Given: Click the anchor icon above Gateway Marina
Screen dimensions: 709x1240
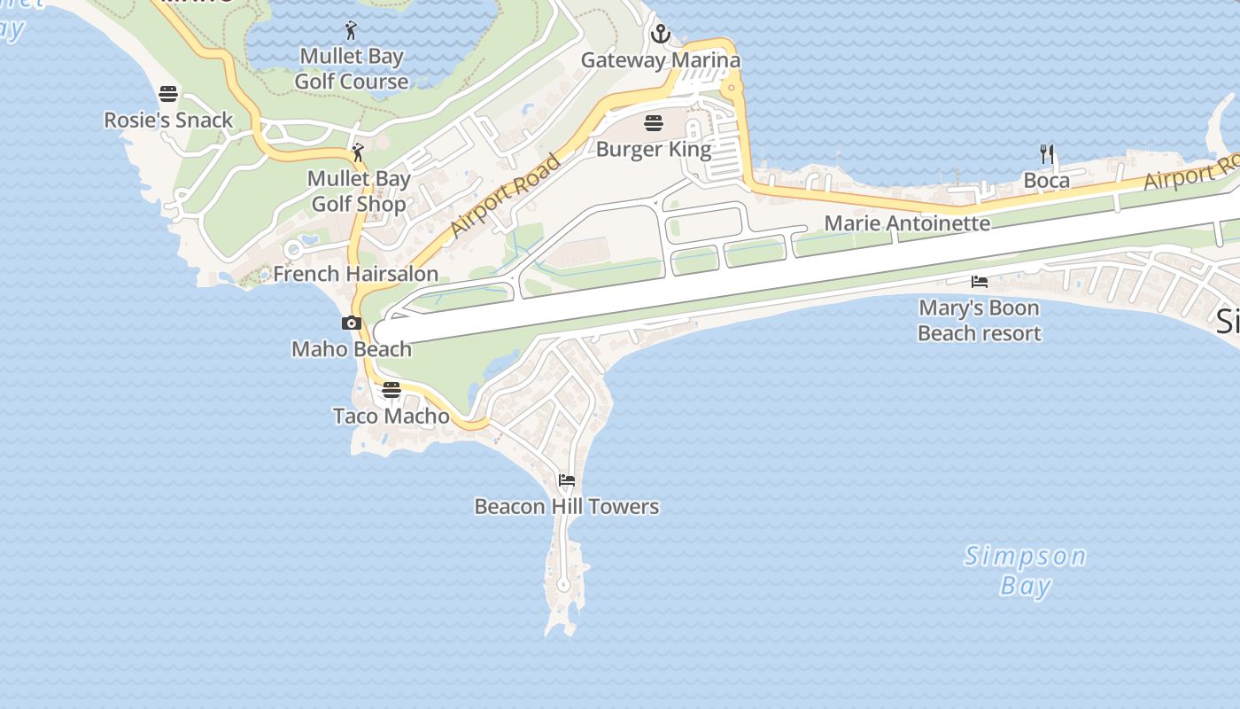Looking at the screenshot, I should tap(660, 35).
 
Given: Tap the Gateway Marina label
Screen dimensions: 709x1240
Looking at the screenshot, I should tap(660, 60).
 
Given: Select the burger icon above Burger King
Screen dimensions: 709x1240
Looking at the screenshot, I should tap(654, 122).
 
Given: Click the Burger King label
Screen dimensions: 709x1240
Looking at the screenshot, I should tap(654, 148).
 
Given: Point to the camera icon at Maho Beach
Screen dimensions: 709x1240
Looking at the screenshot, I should tap(352, 323).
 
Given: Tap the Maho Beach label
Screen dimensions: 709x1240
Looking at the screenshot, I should tap(352, 348).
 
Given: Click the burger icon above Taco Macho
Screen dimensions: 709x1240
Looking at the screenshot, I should tap(391, 390).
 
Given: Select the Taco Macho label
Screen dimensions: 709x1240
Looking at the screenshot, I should tap(391, 416).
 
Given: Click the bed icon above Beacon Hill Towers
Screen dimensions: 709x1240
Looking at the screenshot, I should tap(567, 480).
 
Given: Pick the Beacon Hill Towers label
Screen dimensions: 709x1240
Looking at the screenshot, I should tap(567, 506).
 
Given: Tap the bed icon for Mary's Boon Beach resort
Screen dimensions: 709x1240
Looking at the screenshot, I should tap(979, 282).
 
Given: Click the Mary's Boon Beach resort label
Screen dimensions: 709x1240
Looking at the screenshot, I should tap(979, 320).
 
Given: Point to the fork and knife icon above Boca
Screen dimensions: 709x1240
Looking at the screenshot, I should tap(1047, 154).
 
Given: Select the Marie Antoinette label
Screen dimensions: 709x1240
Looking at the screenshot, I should tap(907, 222).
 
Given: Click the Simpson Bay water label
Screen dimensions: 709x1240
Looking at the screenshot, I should tap(1025, 571).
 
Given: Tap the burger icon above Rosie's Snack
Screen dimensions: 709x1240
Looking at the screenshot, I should tap(168, 94).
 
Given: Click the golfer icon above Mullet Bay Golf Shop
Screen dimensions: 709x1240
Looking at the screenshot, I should tap(358, 152).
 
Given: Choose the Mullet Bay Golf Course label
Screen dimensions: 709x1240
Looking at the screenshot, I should tap(352, 68).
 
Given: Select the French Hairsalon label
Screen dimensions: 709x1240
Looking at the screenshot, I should tap(355, 273).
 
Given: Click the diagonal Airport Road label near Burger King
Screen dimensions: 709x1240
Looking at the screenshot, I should tap(506, 195).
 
